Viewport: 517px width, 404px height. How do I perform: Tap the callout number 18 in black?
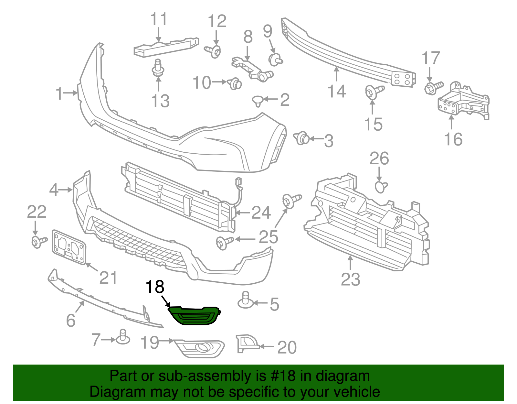tap(155, 287)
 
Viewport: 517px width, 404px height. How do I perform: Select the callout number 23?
tap(351, 279)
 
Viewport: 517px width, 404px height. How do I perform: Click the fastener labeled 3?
tap(302, 138)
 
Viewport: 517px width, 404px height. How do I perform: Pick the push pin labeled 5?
tap(246, 301)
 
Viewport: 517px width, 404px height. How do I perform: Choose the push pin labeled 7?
tap(123, 337)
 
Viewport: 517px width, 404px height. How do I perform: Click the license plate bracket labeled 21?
tap(69, 247)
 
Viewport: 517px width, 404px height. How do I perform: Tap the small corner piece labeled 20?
tap(246, 344)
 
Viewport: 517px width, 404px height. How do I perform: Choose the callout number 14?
tap(337, 91)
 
